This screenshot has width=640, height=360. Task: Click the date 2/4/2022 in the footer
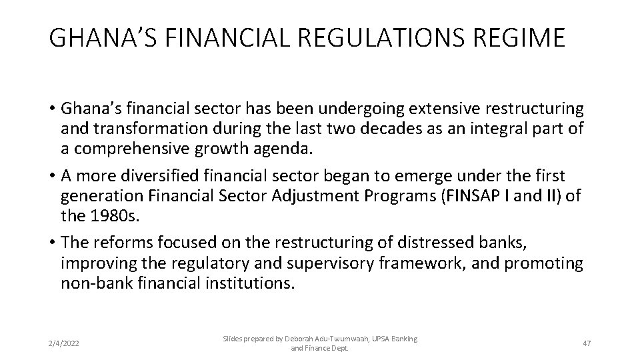[x=65, y=343]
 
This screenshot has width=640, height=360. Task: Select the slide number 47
[x=587, y=343]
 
